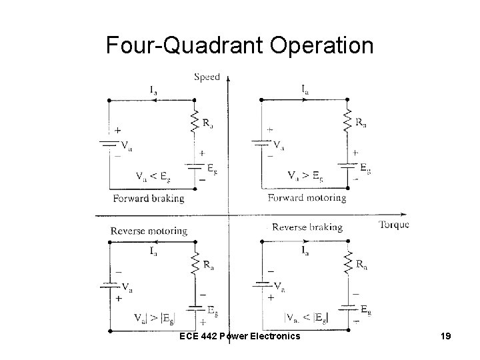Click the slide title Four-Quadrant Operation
(240, 45)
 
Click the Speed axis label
(207, 77)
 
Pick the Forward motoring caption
(307, 197)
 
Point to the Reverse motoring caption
(149, 231)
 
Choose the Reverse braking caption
(307, 227)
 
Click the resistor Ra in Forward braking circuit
(194, 121)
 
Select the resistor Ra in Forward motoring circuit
(347, 121)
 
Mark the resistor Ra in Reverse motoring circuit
(194, 264)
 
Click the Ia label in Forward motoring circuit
(305, 88)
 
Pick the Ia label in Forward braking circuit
(153, 88)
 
